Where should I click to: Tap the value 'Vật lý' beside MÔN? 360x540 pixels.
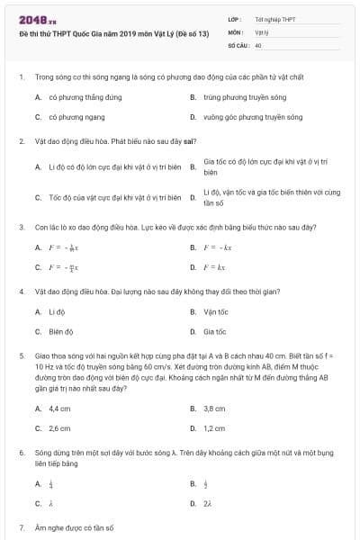pos(262,31)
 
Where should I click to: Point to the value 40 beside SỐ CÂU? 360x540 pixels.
pos(258,44)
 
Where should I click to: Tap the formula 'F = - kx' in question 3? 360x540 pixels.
pos(218,247)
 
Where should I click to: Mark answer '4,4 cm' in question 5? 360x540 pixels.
pos(59,408)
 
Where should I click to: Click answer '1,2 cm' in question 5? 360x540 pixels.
pos(214,428)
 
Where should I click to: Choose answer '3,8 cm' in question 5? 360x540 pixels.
pos(214,408)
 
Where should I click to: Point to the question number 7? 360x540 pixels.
pos(21,526)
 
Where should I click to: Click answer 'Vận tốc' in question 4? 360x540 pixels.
pos(216,311)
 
